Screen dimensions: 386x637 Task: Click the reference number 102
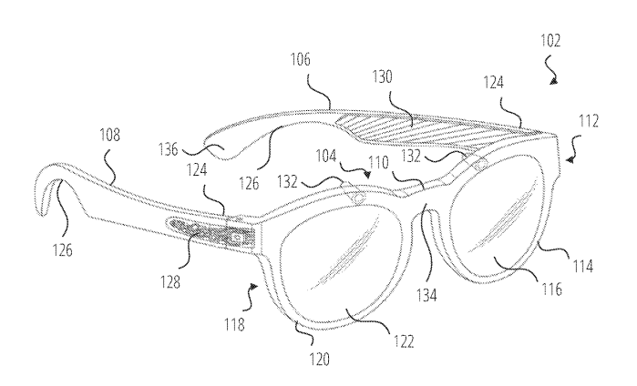(x=550, y=40)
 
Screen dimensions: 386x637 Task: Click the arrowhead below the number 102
(x=554, y=81)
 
